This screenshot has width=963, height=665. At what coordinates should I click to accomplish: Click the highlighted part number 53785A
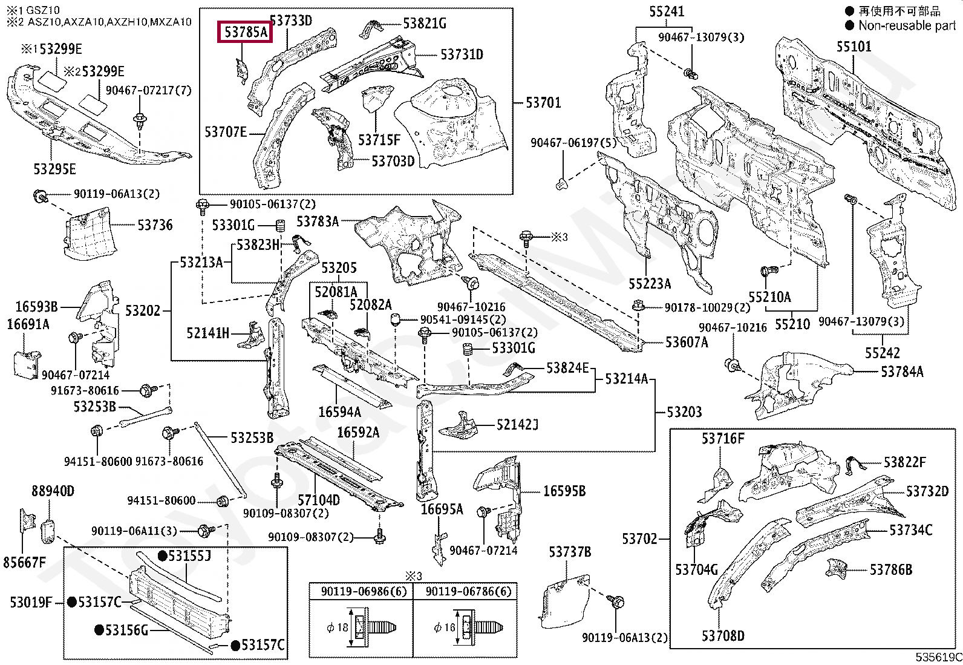tap(245, 32)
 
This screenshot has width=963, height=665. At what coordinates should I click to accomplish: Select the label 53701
tap(543, 103)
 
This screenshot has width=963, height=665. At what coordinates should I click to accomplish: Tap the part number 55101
tap(854, 47)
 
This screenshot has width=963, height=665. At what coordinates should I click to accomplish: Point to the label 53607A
tap(687, 342)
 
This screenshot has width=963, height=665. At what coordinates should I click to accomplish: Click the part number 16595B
tap(564, 491)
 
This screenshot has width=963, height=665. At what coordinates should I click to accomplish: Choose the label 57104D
tap(319, 500)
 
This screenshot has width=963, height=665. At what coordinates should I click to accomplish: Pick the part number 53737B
tap(570, 551)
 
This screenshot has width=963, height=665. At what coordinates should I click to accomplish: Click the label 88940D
tap(53, 491)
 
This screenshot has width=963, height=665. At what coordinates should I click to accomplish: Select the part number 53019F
tap(31, 602)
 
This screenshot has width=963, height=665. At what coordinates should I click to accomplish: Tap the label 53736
tap(155, 225)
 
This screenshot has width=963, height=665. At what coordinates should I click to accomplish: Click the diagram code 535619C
tap(938, 657)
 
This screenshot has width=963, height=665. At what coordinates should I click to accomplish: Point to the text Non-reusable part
tap(907, 26)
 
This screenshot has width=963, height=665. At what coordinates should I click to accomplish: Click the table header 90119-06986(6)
tap(364, 592)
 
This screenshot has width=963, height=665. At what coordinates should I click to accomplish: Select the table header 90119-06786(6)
tap(469, 592)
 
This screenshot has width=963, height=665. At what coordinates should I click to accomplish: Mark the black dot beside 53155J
tap(162, 556)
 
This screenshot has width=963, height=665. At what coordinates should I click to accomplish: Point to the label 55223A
tap(650, 284)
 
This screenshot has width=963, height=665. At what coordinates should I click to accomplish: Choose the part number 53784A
tap(902, 372)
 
